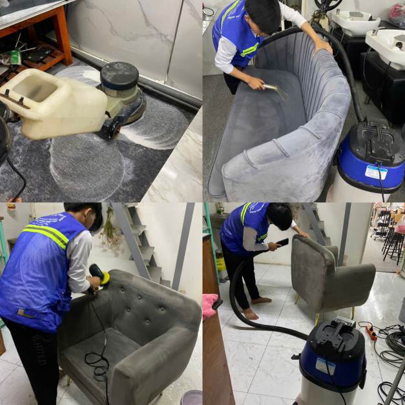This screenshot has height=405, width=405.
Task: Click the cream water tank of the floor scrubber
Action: tap(55, 103)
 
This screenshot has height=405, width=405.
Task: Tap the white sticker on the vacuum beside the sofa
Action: tap(377, 172)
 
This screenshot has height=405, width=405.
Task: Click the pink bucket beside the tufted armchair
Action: tap(191, 397)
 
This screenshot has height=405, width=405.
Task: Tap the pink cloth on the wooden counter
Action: tap(210, 306)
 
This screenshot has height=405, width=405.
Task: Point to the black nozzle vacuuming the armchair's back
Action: tap(282, 242)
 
